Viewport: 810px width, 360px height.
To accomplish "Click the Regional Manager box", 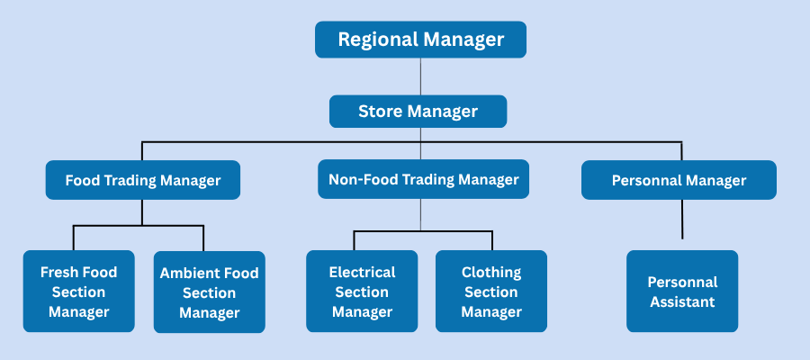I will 420,40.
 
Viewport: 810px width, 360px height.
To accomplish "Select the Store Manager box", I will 418,112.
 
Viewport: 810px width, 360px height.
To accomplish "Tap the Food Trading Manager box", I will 142,180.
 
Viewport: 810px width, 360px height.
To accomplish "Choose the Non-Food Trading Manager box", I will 423,180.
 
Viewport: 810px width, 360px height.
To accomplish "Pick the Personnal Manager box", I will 679,180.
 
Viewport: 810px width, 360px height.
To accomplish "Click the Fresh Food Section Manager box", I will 79,292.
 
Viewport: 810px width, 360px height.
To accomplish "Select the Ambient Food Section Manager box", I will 209,292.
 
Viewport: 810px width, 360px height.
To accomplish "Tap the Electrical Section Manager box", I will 362,292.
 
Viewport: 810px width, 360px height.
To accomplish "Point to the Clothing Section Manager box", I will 491,292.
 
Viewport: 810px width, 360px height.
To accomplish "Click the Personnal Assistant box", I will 682,292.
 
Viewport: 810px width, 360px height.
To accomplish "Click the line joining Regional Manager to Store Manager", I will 420,76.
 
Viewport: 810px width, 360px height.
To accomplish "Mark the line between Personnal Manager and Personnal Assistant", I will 682,219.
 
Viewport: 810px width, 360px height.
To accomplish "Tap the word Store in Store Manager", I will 380,112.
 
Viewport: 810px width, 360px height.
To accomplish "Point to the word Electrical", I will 362,272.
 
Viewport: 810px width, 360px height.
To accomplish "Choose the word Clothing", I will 491,272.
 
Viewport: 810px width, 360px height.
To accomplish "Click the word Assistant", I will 682,302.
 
